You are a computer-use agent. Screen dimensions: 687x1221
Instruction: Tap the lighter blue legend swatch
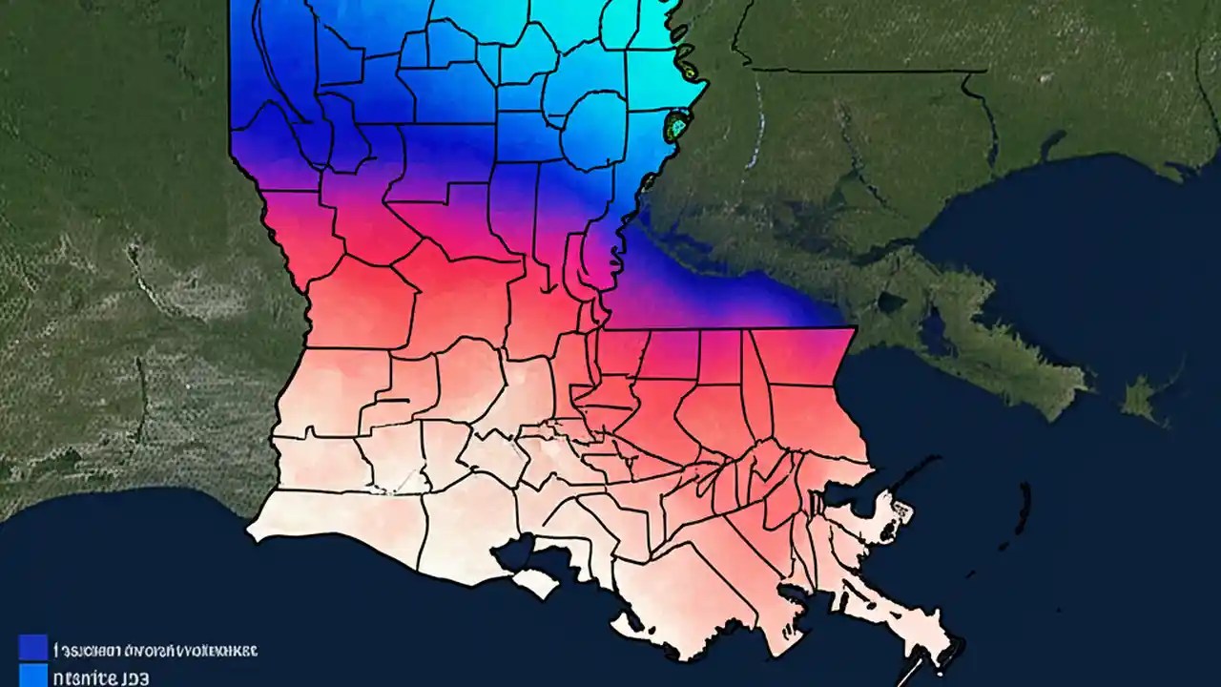tap(32, 676)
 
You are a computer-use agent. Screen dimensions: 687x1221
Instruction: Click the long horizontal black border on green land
tap(868, 70)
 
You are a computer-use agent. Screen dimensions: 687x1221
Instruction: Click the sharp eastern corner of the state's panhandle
tap(855, 329)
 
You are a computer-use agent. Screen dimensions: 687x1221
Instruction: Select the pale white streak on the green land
tap(759, 124)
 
